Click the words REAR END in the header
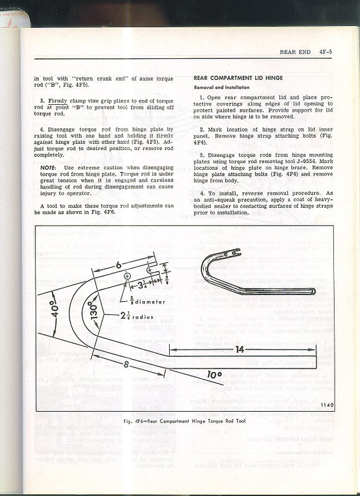[x=294, y=53]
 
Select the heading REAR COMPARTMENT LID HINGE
[x=233, y=79]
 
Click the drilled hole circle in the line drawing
[x=127, y=275]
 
